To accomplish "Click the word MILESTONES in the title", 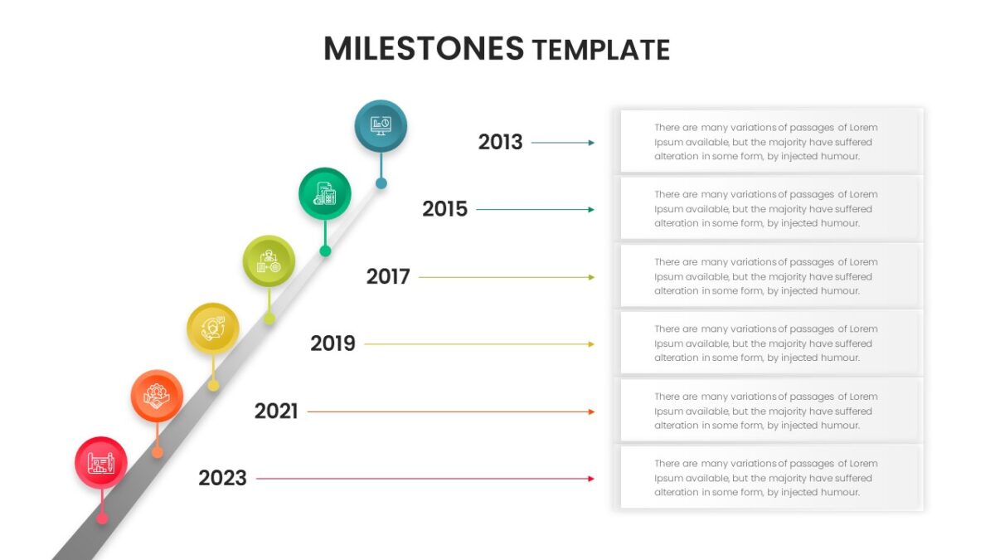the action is (x=424, y=48).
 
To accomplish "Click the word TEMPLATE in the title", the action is (x=601, y=50).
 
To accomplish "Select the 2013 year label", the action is (x=500, y=142).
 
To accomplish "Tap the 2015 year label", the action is (x=444, y=209).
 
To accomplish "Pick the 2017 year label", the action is (x=388, y=277).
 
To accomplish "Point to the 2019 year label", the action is (x=332, y=343).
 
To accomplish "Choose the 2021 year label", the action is (x=276, y=411).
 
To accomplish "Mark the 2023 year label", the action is (x=222, y=479).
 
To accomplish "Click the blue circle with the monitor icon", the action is (x=381, y=126).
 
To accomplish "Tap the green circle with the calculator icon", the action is (x=325, y=194).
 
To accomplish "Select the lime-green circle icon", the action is (x=269, y=261).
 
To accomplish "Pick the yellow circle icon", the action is (x=213, y=329).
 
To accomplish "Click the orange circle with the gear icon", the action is (x=157, y=396).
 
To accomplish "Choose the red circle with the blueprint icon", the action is (x=101, y=463).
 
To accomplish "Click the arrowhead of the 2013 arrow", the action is (x=591, y=143).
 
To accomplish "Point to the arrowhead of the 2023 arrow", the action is (x=591, y=479).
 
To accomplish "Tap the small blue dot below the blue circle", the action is (x=381, y=183).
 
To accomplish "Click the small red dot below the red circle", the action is (x=102, y=519).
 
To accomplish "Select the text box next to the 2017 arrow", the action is (x=772, y=276).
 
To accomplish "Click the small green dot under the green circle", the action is (x=325, y=251).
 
